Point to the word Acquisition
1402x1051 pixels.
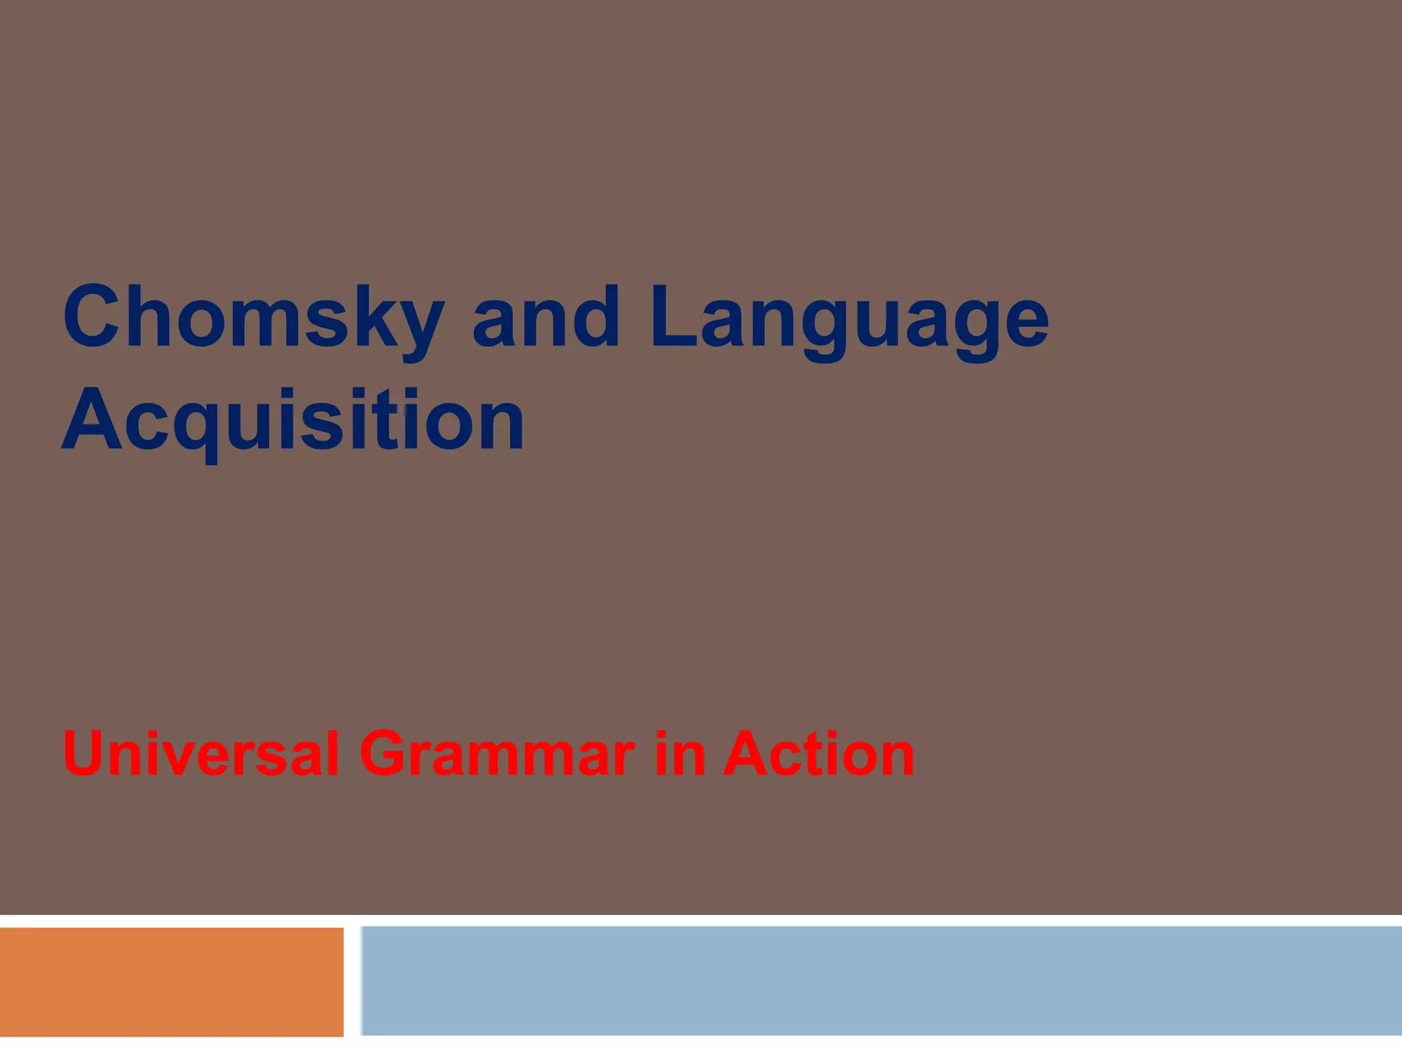pos(293,419)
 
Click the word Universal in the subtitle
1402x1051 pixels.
pos(201,753)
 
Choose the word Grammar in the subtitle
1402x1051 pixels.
pos(497,753)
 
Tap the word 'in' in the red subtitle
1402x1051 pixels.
pos(679,753)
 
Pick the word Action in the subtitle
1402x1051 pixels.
pos(819,753)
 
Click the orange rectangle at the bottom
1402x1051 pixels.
pos(171,981)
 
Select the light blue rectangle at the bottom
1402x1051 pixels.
pos(881,980)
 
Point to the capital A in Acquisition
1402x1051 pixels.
pos(91,419)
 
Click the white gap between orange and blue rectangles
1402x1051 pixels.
pos(353,981)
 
